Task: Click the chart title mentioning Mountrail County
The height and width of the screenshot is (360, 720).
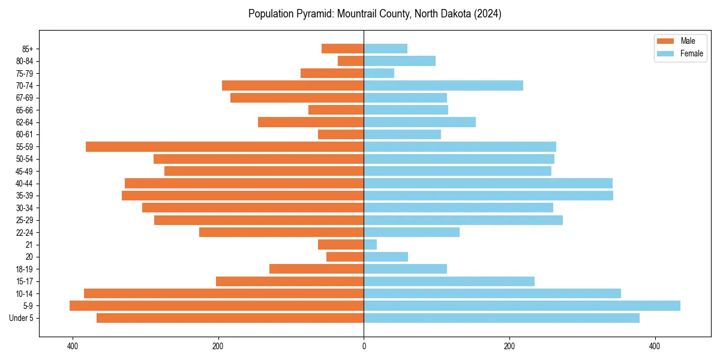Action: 375,14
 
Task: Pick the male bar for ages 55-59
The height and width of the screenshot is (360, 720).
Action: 224,147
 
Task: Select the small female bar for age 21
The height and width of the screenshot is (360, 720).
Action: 370,245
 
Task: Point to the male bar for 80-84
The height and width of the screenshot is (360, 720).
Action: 350,61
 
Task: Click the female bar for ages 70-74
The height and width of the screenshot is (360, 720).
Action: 443,86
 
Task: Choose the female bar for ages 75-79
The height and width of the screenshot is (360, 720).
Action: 379,73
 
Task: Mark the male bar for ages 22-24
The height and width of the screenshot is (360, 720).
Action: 281,232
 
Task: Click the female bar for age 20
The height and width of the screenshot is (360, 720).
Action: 386,257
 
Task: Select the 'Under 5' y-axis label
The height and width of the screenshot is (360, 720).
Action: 21,318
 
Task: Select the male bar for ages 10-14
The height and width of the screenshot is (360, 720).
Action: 224,293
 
